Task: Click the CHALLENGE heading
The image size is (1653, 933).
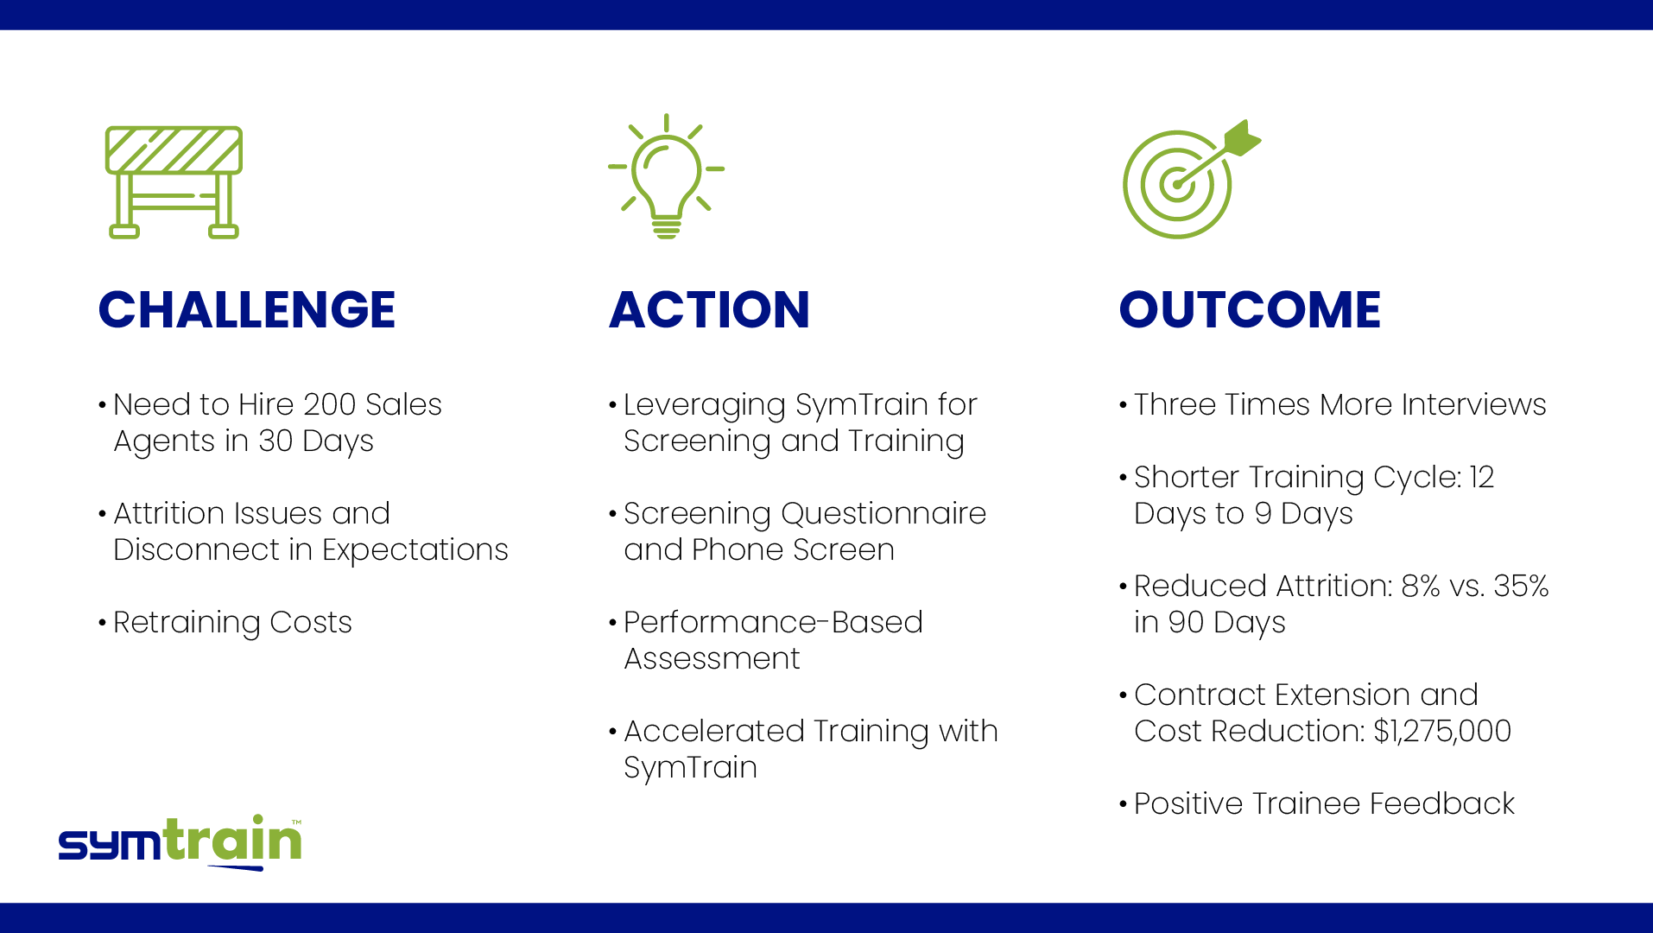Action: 247,309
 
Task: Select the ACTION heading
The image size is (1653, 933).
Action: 709,309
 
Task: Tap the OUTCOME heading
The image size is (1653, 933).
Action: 1250,309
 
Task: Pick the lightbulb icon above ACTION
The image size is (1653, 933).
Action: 666,175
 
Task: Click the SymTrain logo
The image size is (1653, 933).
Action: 180,841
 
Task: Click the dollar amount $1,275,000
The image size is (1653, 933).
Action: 1442,732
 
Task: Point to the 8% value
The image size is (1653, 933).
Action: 1421,586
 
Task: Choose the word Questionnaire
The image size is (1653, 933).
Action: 883,513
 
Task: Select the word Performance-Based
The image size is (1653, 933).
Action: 773,622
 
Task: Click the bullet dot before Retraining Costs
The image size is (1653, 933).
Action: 102,623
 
